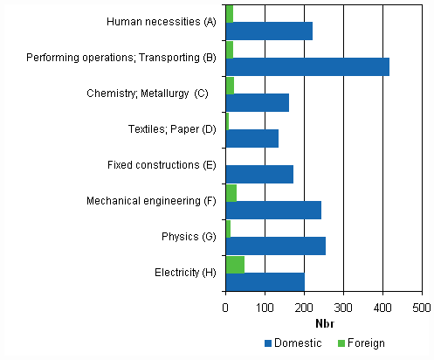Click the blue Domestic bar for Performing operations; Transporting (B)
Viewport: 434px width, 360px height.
click(307, 66)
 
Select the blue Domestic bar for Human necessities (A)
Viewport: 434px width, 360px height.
click(269, 31)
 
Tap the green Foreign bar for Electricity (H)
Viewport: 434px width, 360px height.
click(235, 264)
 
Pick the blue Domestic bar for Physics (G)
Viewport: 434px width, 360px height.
click(275, 246)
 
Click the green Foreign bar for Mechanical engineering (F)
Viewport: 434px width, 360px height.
click(231, 192)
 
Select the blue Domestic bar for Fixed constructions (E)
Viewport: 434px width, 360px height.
click(259, 174)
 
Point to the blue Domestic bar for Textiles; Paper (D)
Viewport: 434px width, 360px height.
click(251, 138)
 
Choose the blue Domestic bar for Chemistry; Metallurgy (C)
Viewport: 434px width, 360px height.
click(257, 102)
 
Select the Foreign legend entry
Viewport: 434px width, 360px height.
click(361, 343)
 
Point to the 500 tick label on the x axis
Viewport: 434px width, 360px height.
click(422, 308)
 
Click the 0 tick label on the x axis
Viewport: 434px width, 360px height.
click(226, 308)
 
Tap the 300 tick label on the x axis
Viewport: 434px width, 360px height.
click(343, 308)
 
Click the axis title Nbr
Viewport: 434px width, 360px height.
click(324, 323)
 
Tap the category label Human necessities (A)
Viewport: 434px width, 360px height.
click(161, 22)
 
